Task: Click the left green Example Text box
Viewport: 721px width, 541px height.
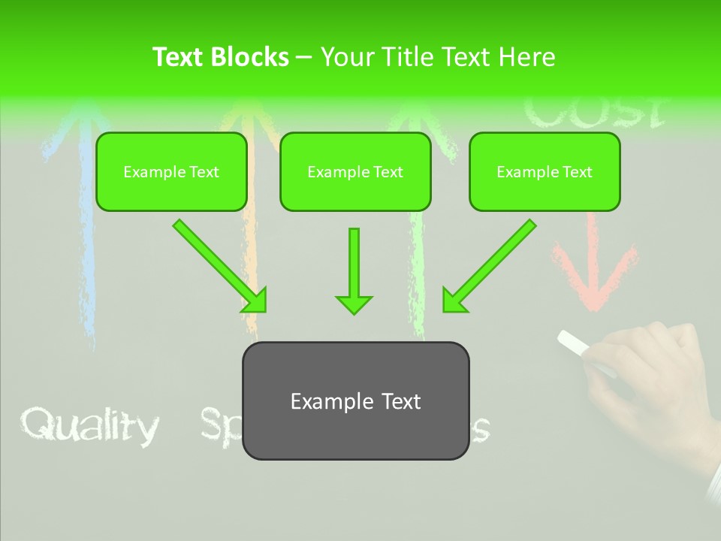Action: (171, 172)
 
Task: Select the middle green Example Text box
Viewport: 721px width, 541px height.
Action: (355, 172)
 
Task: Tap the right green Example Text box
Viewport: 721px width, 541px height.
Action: (545, 172)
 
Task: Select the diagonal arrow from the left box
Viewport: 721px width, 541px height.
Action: (218, 264)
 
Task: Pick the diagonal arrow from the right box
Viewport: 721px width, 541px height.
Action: (492, 264)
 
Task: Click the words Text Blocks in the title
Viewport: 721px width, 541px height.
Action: (220, 57)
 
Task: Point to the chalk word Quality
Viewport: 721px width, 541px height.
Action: (89, 426)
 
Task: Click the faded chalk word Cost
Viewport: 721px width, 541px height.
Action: (593, 113)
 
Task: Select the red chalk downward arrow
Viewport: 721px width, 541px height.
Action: (593, 263)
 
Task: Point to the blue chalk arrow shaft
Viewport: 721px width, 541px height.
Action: (88, 248)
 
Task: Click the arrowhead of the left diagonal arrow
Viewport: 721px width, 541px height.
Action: (255, 301)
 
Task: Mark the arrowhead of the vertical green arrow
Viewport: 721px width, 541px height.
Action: (354, 304)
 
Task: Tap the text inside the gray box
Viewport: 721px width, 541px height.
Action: (355, 401)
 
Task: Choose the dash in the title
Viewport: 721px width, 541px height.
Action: (304, 57)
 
